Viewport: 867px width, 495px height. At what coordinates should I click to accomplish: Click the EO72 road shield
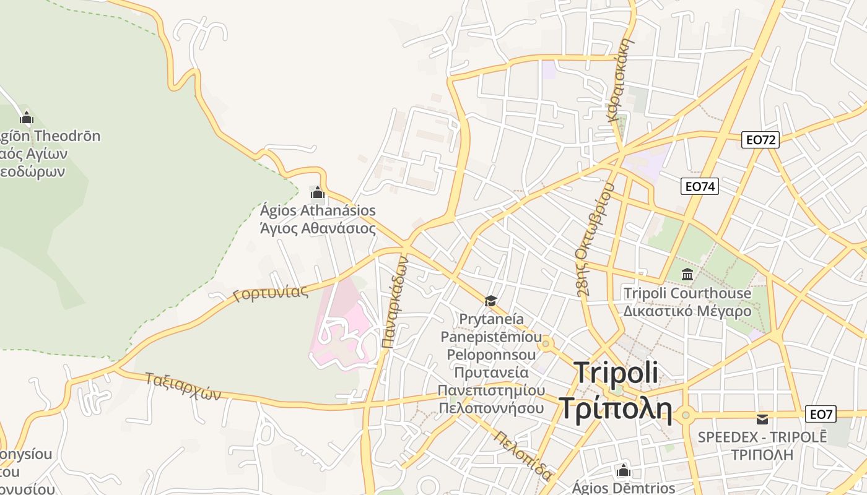(x=760, y=140)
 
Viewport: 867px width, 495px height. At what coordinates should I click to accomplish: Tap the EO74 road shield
(x=700, y=186)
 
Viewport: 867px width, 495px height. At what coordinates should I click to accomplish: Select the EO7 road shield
(x=821, y=414)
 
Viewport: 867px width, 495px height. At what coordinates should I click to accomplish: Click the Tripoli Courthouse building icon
(x=687, y=274)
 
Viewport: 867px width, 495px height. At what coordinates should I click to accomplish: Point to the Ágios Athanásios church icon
(x=318, y=192)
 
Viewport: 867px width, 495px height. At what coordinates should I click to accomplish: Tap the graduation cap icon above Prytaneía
(x=490, y=301)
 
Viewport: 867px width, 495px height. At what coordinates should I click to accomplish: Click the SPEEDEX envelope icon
(x=762, y=419)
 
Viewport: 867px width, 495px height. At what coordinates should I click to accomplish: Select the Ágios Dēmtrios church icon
(x=624, y=470)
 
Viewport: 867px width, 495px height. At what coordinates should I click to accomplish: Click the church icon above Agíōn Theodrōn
(x=27, y=117)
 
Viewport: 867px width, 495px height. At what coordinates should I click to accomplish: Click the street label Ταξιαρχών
(x=183, y=386)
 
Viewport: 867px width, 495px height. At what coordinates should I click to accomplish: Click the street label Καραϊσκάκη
(x=621, y=79)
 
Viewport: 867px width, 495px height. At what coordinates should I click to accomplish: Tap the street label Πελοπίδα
(x=523, y=455)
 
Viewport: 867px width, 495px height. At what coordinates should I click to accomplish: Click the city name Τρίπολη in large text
(x=616, y=408)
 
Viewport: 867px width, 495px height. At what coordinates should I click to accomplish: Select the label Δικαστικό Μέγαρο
(x=687, y=311)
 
